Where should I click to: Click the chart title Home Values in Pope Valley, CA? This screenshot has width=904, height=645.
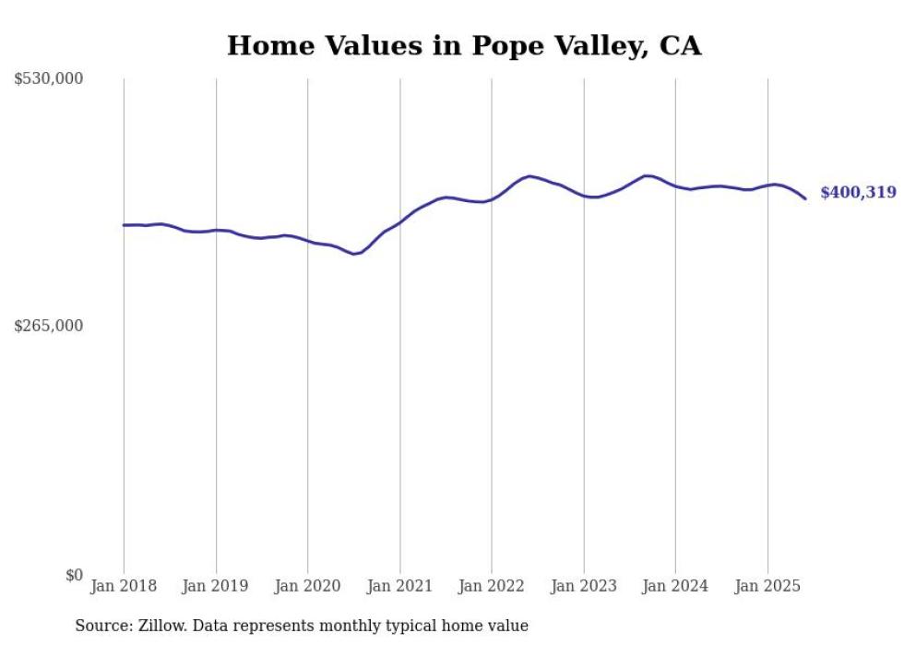click(464, 46)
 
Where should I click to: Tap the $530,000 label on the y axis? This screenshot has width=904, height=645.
click(49, 79)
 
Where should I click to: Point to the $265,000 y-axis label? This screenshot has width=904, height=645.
click(49, 326)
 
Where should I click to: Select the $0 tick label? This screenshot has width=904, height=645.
click(74, 575)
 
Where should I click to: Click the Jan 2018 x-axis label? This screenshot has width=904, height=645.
click(124, 586)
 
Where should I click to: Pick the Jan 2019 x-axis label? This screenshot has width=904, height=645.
click(216, 586)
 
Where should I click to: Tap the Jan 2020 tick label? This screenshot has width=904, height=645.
click(307, 586)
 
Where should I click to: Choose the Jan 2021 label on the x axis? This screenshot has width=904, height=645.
click(399, 586)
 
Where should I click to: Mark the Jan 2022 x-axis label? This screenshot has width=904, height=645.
click(492, 586)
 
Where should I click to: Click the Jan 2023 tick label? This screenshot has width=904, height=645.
click(583, 586)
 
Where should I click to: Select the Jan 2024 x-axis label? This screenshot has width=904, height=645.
click(675, 586)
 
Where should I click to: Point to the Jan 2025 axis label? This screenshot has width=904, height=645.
click(767, 586)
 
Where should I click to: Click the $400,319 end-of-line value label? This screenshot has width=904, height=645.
click(858, 193)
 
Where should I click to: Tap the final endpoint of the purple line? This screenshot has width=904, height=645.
click(805, 198)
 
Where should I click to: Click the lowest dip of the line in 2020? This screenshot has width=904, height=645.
click(354, 254)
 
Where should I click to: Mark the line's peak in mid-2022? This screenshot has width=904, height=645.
click(529, 175)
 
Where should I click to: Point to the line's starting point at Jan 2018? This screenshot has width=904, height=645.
click(124, 225)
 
